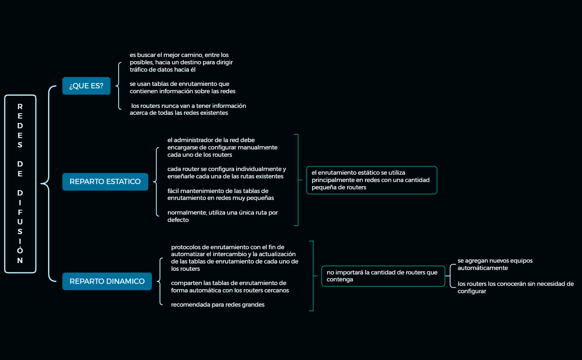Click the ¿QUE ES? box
[86, 86]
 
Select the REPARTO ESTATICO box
[105, 182]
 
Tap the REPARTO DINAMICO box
[107, 281]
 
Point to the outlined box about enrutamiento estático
[371, 180]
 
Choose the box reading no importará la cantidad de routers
[383, 276]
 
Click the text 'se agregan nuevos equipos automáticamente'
[495, 264]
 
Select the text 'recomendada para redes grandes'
[217, 305]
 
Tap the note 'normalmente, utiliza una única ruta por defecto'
[222, 216]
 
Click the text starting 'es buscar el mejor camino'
[181, 62]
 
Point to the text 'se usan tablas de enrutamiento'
[182, 88]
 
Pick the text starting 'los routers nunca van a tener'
[188, 109]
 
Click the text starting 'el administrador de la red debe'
[222, 147]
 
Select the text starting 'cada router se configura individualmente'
[226, 173]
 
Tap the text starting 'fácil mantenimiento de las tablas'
[220, 194]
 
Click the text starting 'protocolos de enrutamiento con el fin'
[234, 258]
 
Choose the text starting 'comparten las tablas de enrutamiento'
[230, 287]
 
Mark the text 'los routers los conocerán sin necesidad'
[515, 288]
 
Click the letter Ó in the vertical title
[20, 250]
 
